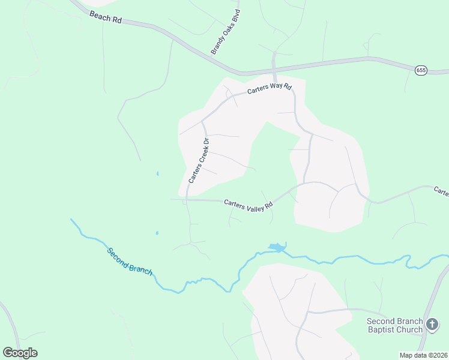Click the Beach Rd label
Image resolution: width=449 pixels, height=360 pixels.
tap(106, 17)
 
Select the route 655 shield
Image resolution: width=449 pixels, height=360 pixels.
tap(421, 70)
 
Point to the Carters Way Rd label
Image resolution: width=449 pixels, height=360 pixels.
tap(270, 89)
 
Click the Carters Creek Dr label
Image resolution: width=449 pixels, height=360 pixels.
tap(198, 161)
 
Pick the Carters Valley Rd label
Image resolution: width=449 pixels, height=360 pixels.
tap(249, 205)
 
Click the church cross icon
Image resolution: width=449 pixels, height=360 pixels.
tap(432, 326)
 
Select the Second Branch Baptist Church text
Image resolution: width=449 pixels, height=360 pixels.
tap(395, 325)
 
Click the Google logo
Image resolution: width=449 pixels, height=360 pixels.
tap(20, 353)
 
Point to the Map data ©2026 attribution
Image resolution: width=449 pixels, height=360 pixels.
tap(423, 355)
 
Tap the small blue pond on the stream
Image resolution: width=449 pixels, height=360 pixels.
tap(277, 247)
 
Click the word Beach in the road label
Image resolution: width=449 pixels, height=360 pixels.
tap(100, 16)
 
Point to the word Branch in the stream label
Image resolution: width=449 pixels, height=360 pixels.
tap(139, 267)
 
